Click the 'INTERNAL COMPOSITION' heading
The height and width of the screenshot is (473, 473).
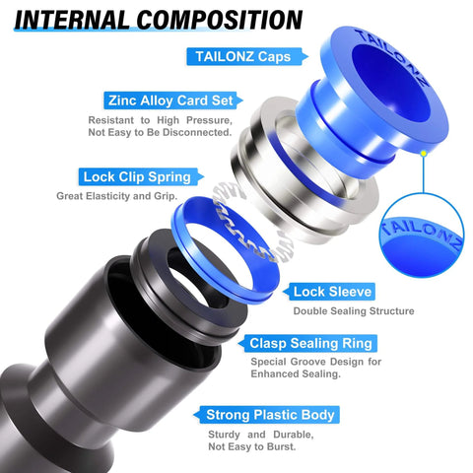(x=159, y=20)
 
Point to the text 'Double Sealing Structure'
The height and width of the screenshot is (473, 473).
(x=353, y=311)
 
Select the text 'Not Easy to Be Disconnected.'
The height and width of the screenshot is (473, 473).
(x=172, y=132)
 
